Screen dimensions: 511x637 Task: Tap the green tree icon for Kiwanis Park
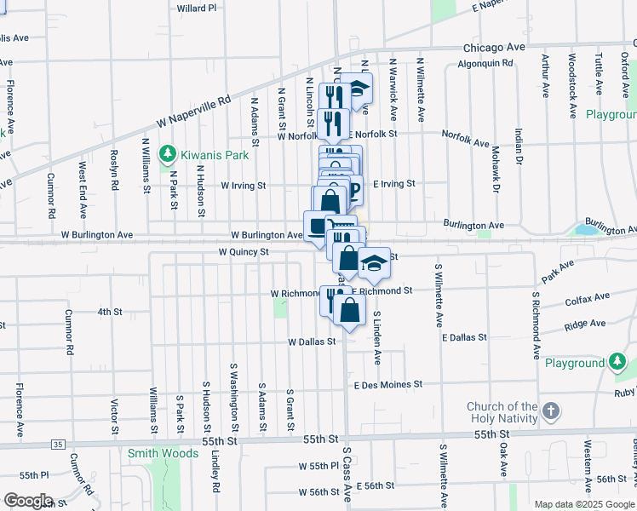[169, 154]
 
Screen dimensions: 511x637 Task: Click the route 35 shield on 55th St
[57, 444]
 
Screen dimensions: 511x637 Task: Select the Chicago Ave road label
[495, 48]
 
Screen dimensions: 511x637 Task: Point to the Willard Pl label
[197, 8]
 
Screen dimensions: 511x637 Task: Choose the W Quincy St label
[243, 252]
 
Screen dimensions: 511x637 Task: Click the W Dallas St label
[313, 342]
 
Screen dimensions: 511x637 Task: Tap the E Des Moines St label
[388, 385]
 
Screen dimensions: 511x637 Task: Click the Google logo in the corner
[28, 501]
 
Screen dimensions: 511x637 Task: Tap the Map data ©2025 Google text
[584, 504]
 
